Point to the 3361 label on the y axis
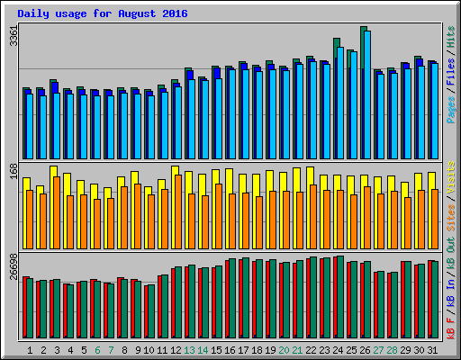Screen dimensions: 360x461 tap(12, 37)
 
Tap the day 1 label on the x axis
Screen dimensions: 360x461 tap(30, 349)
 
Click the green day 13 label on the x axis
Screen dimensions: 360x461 tap(189, 349)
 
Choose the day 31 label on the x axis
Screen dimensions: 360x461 tap(432, 349)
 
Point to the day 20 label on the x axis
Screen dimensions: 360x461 tap(285, 349)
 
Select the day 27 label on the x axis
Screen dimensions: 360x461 tap(378, 349)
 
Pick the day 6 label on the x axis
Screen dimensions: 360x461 tap(96, 349)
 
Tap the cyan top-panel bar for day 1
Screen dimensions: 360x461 tap(30, 125)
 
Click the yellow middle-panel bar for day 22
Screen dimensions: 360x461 tap(309, 175)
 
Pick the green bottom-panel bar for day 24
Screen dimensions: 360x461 tap(339, 297)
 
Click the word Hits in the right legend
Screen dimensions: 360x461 tap(450, 39)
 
